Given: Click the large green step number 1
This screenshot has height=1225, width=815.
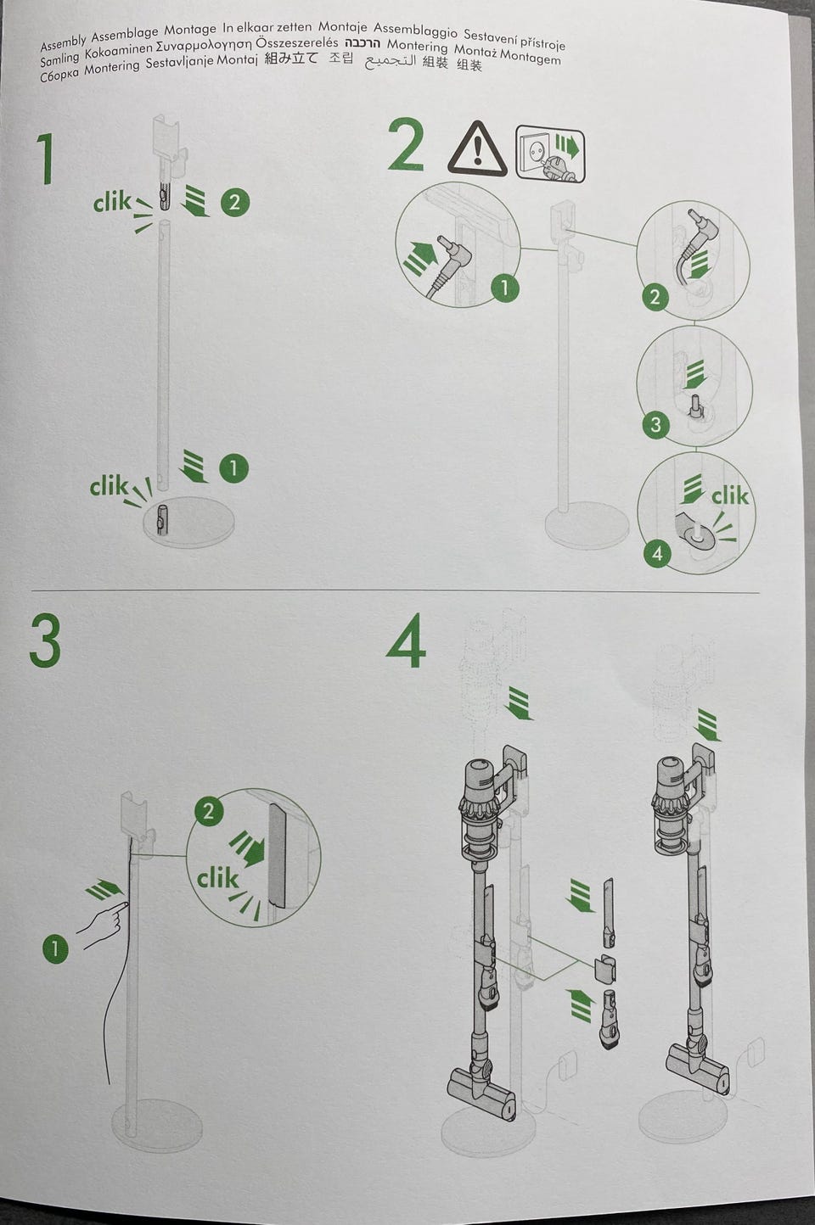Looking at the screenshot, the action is (x=46, y=159).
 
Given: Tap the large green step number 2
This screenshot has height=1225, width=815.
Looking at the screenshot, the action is (x=406, y=145).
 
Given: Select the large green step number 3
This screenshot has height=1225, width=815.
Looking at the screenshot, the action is (x=45, y=640).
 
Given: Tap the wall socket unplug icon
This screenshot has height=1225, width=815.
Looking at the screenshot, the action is (x=549, y=152).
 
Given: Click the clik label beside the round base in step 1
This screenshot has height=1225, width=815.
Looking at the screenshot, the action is (x=109, y=485).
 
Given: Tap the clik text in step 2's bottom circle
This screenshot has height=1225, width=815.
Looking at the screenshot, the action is (x=729, y=495).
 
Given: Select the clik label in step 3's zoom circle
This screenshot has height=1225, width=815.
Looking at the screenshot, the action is (x=218, y=878).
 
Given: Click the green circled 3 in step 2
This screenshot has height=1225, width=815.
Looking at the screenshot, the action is (x=655, y=424).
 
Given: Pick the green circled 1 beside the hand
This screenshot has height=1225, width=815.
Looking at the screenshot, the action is (x=55, y=948).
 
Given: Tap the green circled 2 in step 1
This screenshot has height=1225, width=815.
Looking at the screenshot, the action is (x=235, y=203).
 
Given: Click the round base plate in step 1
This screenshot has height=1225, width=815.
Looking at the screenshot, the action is (x=188, y=521).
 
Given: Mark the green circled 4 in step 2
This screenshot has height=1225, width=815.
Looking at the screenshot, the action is (x=657, y=553).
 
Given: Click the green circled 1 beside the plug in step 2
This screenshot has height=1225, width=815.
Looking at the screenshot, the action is (x=504, y=287).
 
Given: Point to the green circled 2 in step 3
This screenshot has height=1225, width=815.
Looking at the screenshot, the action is (x=208, y=811).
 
